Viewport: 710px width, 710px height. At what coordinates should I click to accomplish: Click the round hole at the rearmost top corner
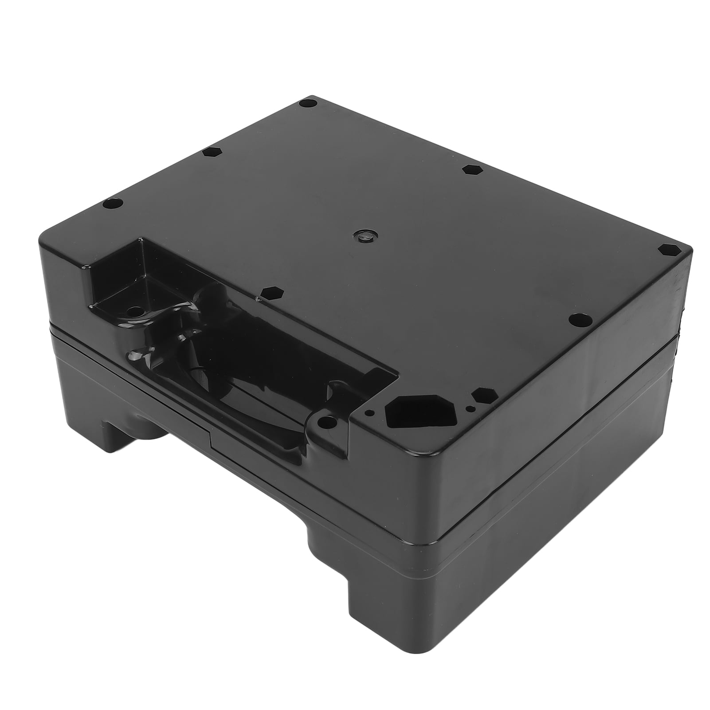[x=309, y=103]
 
